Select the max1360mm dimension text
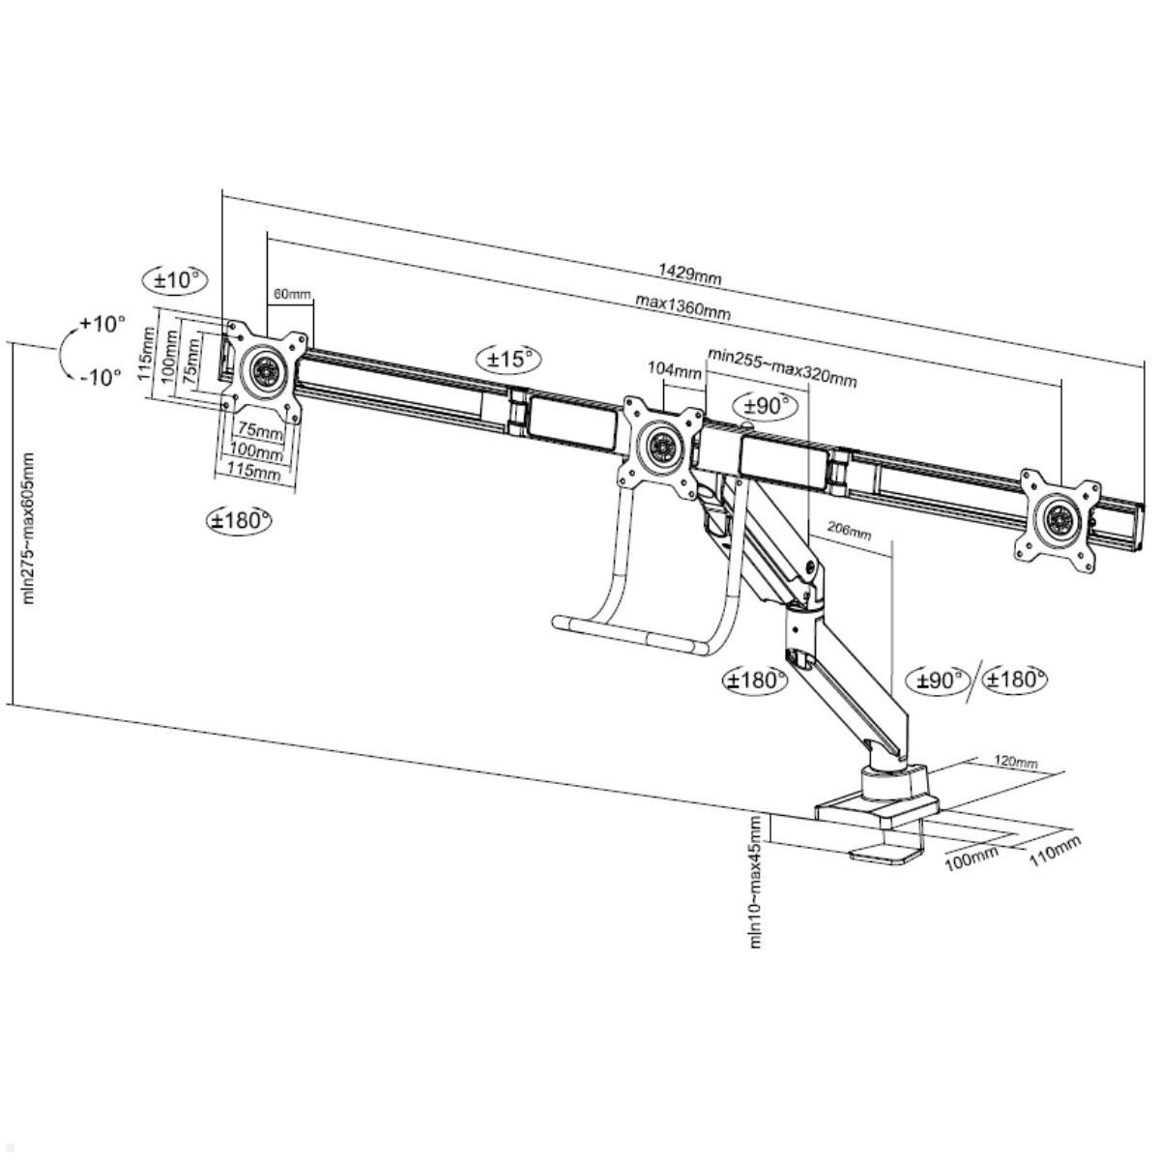(682, 307)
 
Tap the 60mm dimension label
(292, 294)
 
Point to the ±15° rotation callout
(508, 360)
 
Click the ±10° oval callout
(175, 280)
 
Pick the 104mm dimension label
(674, 369)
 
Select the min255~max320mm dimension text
(782, 367)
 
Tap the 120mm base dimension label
(1016, 762)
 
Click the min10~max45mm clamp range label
(756, 881)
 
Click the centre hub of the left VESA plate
(264, 371)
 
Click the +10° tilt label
(102, 324)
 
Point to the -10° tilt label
(101, 377)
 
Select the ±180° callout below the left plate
(239, 519)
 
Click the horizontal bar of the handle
(629, 636)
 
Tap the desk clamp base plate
(877, 811)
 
